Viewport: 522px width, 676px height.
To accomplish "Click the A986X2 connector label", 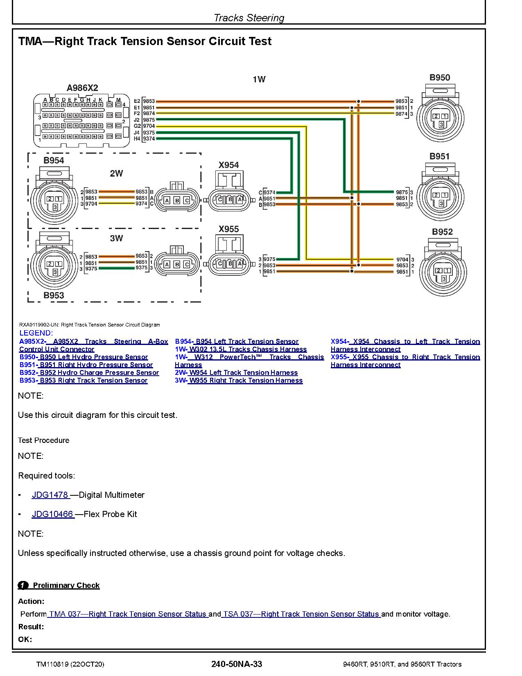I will tap(82, 88).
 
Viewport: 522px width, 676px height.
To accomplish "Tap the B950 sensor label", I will tap(439, 78).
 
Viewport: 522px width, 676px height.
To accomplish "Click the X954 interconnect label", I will tap(228, 165).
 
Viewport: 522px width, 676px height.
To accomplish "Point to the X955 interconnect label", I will tap(228, 229).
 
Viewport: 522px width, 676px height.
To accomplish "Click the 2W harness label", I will tap(116, 173).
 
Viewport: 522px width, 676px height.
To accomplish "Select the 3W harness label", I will tap(116, 238).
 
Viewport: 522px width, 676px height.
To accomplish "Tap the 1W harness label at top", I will tap(259, 79).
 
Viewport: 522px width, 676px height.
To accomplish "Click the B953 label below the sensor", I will tap(54, 295).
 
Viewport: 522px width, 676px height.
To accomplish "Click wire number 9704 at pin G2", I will tap(149, 126).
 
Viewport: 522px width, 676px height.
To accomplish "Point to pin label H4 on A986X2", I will tap(137, 139).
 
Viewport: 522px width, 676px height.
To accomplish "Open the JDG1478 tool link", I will tap(50, 495).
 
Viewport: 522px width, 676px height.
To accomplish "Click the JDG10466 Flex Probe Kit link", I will tap(53, 514).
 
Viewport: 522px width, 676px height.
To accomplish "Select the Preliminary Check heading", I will tap(66, 585).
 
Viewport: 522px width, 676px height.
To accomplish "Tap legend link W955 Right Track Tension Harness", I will tap(245, 380).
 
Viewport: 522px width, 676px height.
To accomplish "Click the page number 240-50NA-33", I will tap(237, 664).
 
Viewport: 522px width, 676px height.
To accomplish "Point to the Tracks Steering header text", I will tap(249, 18).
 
